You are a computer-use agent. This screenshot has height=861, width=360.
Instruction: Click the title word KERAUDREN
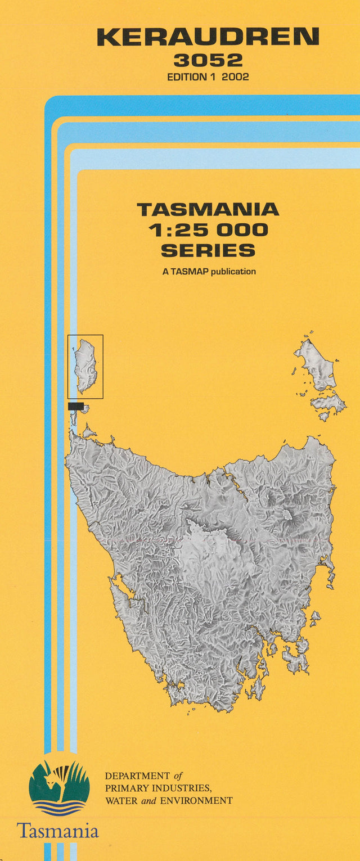coord(208,37)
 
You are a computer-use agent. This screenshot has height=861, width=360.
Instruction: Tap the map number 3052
coord(208,60)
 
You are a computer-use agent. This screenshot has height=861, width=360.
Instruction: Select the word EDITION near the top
coord(187,77)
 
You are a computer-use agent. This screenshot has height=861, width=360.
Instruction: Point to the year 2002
coord(235,77)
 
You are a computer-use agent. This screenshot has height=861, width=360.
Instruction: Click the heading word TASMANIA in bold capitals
coord(208,210)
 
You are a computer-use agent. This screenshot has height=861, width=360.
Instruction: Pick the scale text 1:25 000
coord(208,229)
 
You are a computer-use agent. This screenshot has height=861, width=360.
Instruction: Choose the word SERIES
coord(208,250)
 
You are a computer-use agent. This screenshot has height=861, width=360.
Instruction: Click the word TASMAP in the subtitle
coord(189,272)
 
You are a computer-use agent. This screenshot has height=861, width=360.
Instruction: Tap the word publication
coord(233,272)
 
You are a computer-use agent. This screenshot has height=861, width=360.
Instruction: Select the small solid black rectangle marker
coord(75,406)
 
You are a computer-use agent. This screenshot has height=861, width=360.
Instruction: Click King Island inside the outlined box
coord(86,366)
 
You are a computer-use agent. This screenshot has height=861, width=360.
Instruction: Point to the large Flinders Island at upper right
coord(316,363)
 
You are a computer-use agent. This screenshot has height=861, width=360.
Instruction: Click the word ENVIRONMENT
coord(196,800)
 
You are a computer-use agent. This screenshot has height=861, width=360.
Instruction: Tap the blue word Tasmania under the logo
coord(57,831)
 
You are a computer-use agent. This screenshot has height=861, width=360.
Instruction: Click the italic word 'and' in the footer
coord(150,800)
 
